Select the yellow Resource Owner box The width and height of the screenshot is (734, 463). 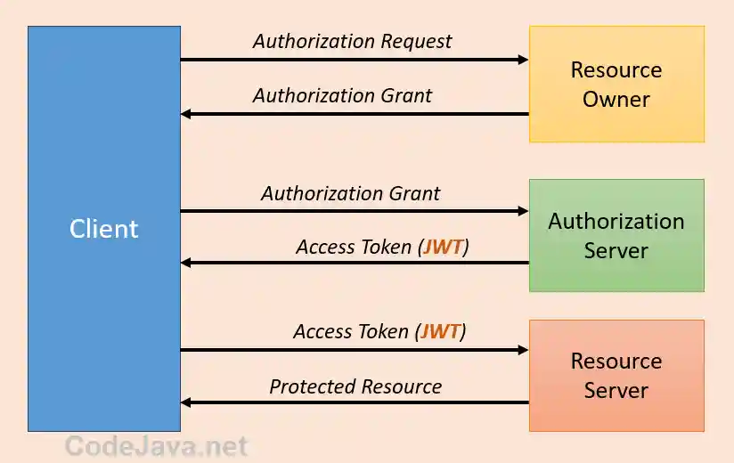pos(616,84)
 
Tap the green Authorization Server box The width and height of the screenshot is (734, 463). pos(616,235)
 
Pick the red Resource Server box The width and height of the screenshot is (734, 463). pos(616,375)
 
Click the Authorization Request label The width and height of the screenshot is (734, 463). pos(352,41)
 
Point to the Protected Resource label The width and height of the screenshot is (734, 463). pos(355,386)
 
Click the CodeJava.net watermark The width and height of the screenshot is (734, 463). pos(157,445)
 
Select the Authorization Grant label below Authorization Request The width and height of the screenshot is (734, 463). pos(342,95)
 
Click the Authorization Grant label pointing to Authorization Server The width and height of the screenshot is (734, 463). pos(350,193)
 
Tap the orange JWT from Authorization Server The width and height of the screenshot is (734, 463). pos(443,247)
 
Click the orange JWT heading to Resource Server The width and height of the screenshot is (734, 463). pos(441,332)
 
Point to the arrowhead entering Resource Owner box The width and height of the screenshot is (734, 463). pos(523,60)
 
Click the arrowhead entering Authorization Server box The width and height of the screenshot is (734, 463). pos(523,211)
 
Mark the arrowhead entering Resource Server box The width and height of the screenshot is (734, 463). pos(523,350)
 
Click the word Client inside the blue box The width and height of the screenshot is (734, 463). pos(104,229)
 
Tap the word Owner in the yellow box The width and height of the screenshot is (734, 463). pos(616,99)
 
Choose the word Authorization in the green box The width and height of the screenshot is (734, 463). pos(616,221)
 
